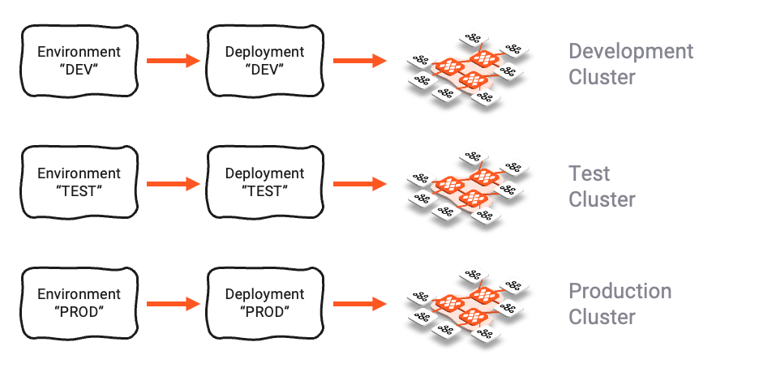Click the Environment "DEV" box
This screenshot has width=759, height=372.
(79, 61)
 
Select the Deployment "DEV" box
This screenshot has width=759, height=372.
(264, 61)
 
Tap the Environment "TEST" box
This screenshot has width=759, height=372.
(79, 182)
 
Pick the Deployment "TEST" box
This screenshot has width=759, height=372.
(264, 182)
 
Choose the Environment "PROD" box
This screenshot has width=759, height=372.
(79, 303)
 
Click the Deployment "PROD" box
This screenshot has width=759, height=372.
(264, 303)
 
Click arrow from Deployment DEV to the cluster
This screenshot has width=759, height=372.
(358, 61)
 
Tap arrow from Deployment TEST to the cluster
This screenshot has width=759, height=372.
(358, 183)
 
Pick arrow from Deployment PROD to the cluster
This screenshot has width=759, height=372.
(358, 304)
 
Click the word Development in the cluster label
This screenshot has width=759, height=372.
(631, 52)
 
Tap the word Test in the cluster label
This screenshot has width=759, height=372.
(589, 173)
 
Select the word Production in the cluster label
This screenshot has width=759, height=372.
(620, 291)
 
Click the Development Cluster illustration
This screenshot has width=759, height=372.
(463, 71)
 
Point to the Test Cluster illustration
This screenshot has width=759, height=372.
(463, 187)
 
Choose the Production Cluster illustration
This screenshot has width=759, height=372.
(463, 306)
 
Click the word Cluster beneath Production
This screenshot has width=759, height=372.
(602, 317)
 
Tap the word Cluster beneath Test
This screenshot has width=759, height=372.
(602, 199)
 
